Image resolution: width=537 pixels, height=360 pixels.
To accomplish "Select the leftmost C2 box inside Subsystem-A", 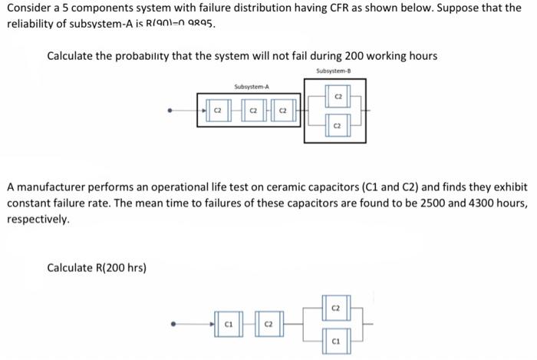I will (217, 112).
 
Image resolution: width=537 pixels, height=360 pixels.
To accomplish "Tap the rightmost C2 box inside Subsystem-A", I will (282, 112).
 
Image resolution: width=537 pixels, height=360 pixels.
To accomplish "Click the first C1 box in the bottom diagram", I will (228, 325).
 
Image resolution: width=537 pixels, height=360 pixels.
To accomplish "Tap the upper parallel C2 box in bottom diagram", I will (335, 309).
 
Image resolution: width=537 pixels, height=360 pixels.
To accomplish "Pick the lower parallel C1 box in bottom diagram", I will (335, 339).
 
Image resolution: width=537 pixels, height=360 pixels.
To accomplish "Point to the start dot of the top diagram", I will (171, 112).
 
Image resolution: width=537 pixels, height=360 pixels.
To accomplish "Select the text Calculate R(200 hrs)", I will (97, 268).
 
